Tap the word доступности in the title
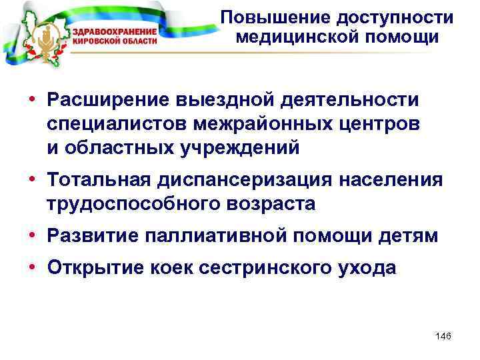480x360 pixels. [380, 17]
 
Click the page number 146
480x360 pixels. [443, 336]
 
